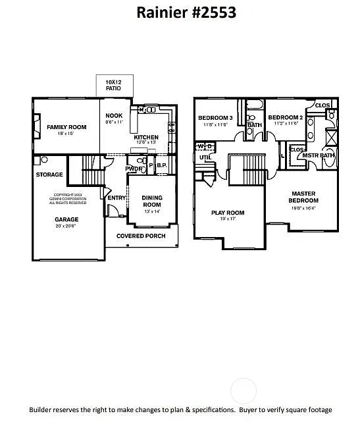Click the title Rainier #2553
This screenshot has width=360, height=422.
coord(186,12)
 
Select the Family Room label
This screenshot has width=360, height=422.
coord(66,127)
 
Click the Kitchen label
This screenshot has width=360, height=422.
coord(146,138)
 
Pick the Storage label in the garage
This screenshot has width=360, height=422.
coord(49,174)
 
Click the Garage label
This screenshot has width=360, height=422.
coord(66,220)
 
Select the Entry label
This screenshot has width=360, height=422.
coord(116,198)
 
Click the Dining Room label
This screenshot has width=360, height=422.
coord(152,201)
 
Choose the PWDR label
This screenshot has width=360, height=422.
coord(134,169)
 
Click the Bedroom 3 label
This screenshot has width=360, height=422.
coord(215,118)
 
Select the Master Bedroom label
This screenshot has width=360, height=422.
coord(303,197)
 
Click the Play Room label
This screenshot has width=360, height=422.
coord(228,213)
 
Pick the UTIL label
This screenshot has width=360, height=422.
coord(205,158)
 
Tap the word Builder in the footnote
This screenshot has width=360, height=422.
coord(43,409)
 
